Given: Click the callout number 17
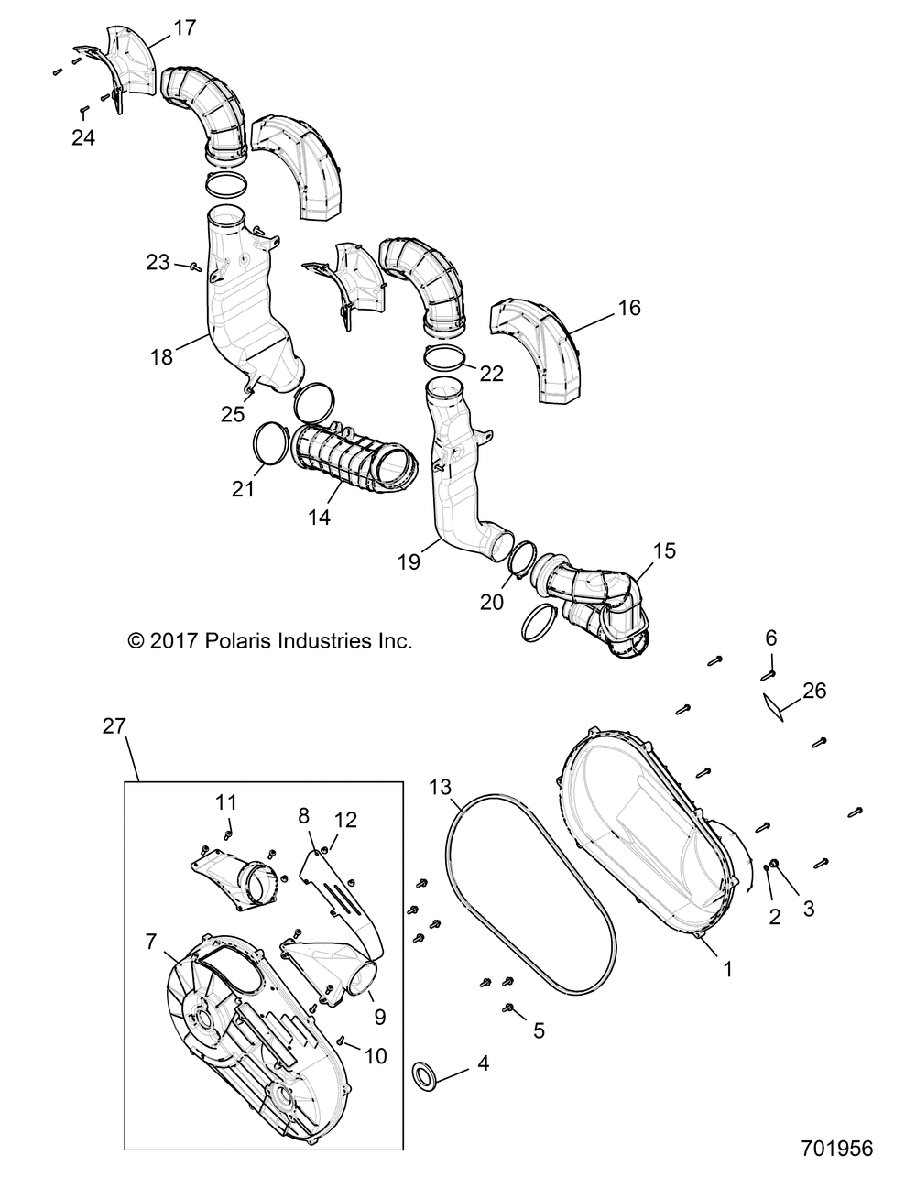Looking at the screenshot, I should coord(184,28).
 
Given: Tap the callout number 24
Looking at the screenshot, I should coord(83,138).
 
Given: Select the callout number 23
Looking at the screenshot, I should coord(158,263).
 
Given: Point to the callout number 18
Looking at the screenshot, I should coord(161,356).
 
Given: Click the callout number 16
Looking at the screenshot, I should coord(629,308).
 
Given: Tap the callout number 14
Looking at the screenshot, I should coord(320,518).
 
